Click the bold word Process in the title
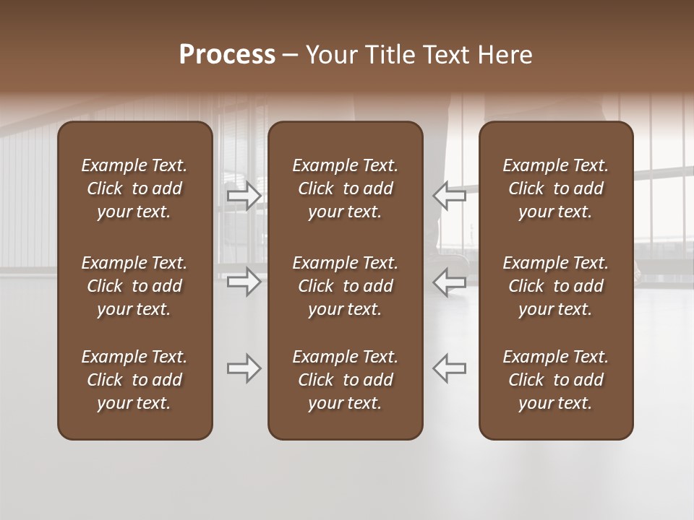click(x=227, y=55)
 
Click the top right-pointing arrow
click(x=244, y=196)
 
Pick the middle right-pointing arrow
click(x=244, y=281)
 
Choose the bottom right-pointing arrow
click(x=244, y=368)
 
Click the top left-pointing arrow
click(x=449, y=196)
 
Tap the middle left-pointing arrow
click(x=449, y=281)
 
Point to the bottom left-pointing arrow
click(x=449, y=368)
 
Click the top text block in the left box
click(x=134, y=188)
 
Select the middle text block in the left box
click(x=134, y=286)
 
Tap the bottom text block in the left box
click(x=134, y=380)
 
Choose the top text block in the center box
click(x=346, y=188)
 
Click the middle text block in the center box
click(x=346, y=286)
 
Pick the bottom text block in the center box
click(x=346, y=380)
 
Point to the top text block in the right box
click(x=556, y=188)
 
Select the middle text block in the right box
click(x=556, y=286)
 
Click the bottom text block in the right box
click(x=556, y=380)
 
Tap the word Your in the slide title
click(x=329, y=55)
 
